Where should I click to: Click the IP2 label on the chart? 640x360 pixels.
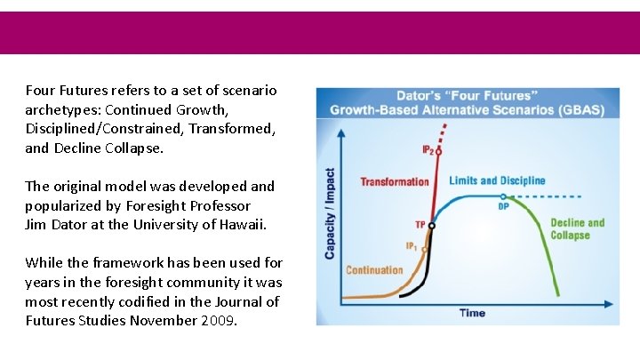pos(428,150)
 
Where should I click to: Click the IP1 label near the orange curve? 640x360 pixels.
pos(412,246)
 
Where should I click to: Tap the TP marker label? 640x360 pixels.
pos(420,224)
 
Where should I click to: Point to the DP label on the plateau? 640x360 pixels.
pos(503,205)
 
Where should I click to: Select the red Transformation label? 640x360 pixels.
pos(394,182)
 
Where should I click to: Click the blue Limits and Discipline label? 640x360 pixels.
pos(497,180)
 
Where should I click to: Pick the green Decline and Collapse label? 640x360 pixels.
pos(577,228)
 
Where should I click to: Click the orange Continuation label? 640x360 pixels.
pos(374,270)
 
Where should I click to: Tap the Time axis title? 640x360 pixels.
pos(472,313)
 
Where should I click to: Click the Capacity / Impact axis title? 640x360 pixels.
pos(330,214)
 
